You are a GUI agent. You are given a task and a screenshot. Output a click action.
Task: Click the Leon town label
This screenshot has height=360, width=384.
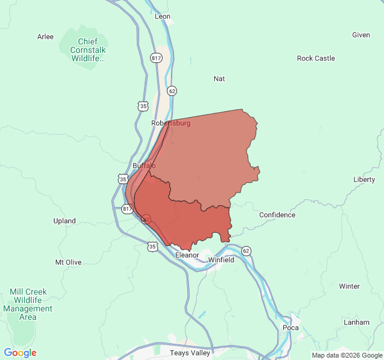point(163,16)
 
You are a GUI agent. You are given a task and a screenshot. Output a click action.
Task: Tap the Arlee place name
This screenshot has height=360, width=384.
point(46,37)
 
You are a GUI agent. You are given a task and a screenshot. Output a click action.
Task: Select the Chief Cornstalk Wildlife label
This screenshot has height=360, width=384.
point(88,50)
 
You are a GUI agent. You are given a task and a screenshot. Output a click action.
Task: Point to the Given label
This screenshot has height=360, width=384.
point(361,35)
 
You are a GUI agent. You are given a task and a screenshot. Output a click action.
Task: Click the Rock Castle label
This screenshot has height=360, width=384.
point(316,58)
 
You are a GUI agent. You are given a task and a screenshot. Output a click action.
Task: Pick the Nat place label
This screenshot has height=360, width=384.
point(219,79)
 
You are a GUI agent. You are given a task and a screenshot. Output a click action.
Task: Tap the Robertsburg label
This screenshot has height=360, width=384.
point(171,123)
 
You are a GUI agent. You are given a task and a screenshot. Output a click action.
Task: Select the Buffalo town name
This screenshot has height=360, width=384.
point(144,165)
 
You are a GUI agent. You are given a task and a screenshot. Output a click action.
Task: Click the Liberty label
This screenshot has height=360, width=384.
point(364,179)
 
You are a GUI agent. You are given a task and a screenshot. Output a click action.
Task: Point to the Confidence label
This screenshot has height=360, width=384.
point(277,215)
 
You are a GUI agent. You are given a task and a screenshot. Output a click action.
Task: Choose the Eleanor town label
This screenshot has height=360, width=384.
point(187,255)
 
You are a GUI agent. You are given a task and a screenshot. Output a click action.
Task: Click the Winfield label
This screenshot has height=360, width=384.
point(221,260)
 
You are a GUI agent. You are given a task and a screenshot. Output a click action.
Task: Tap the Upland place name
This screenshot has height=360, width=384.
point(64,221)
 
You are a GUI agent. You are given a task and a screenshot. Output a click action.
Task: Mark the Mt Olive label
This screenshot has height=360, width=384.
point(68,262)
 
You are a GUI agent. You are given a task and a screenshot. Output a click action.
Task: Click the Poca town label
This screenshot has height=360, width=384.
point(290,328)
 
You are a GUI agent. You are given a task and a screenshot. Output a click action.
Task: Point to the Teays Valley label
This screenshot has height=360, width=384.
point(190,353)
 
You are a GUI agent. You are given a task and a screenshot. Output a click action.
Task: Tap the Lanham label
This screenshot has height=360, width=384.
point(356,322)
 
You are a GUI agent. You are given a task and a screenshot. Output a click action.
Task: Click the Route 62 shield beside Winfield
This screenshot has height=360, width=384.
point(246,250)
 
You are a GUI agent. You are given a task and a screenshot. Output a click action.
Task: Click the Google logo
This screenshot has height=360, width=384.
point(20,353)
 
